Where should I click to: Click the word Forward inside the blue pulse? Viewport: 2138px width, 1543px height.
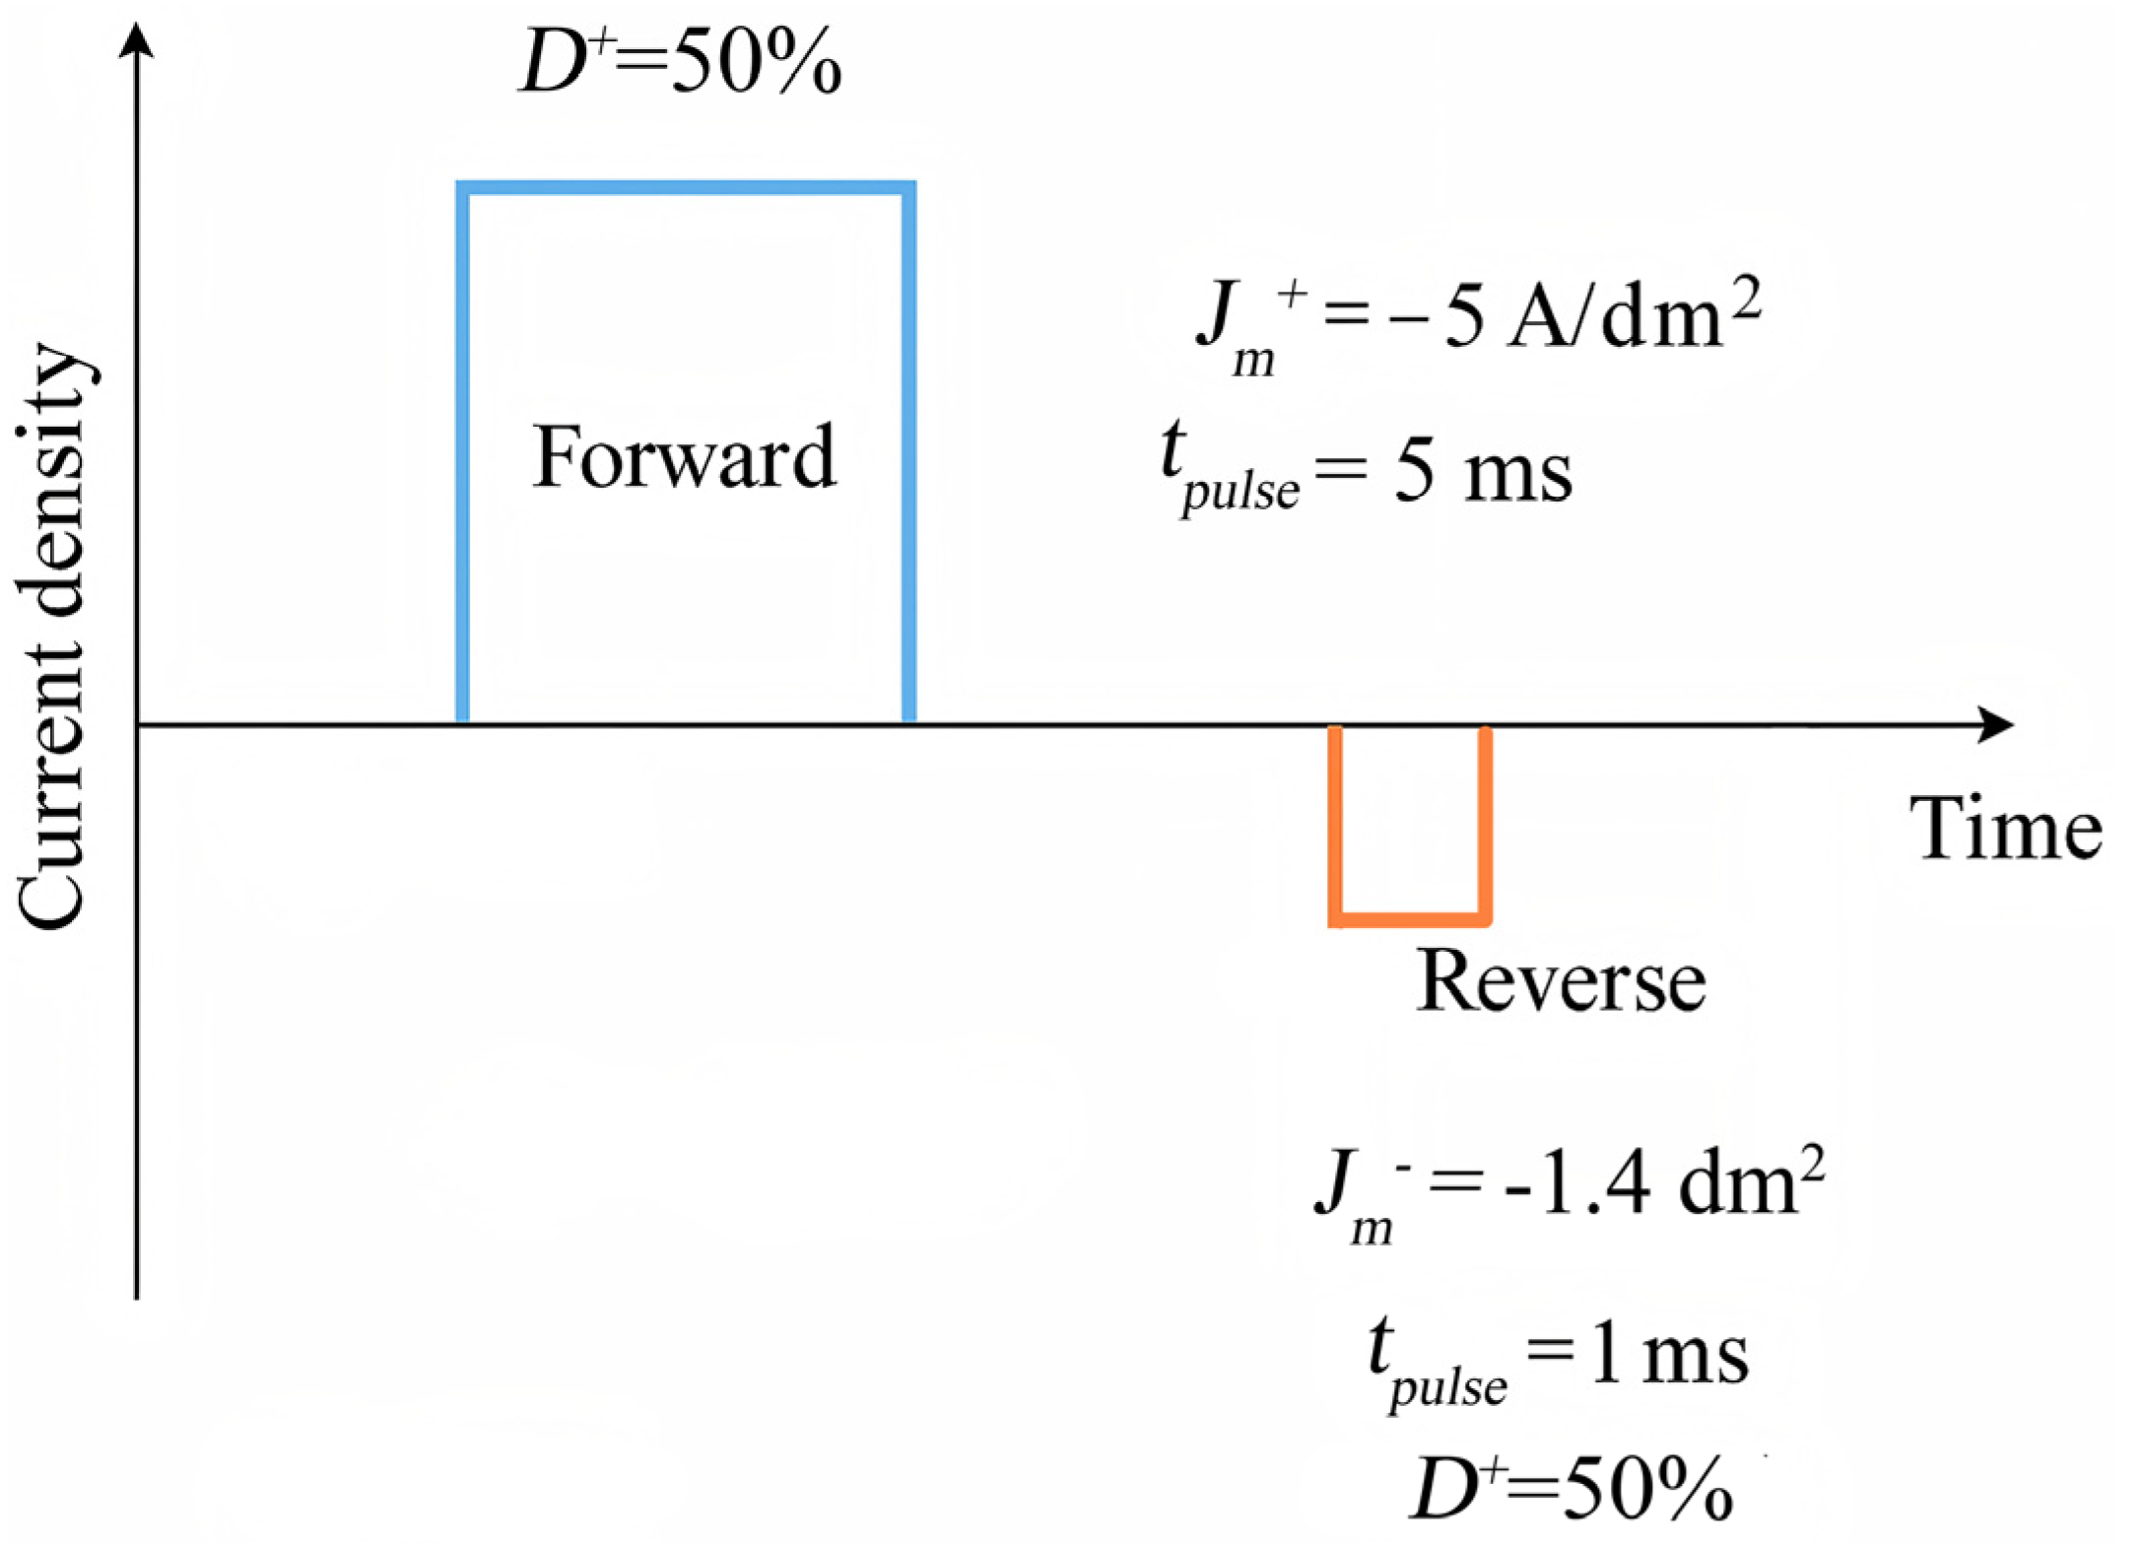click(684, 457)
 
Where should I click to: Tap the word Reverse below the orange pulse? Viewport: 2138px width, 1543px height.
click(1561, 981)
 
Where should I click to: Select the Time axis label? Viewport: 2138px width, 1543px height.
click(2005, 830)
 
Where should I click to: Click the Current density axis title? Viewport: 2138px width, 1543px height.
click(54, 636)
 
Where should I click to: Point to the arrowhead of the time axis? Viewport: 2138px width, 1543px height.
click(1995, 725)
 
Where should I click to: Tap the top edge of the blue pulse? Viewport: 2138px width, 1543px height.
click(686, 188)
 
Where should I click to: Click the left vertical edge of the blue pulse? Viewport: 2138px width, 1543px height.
click(462, 453)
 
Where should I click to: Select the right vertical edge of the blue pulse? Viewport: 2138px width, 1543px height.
click(908, 453)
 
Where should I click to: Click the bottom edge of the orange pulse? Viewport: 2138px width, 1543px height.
click(1409, 919)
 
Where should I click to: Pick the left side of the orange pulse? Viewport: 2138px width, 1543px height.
click(1335, 823)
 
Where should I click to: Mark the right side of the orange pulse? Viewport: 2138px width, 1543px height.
click(1485, 823)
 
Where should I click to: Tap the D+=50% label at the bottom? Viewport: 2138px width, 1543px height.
click(1571, 1488)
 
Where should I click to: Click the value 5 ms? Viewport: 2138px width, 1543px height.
click(1482, 474)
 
